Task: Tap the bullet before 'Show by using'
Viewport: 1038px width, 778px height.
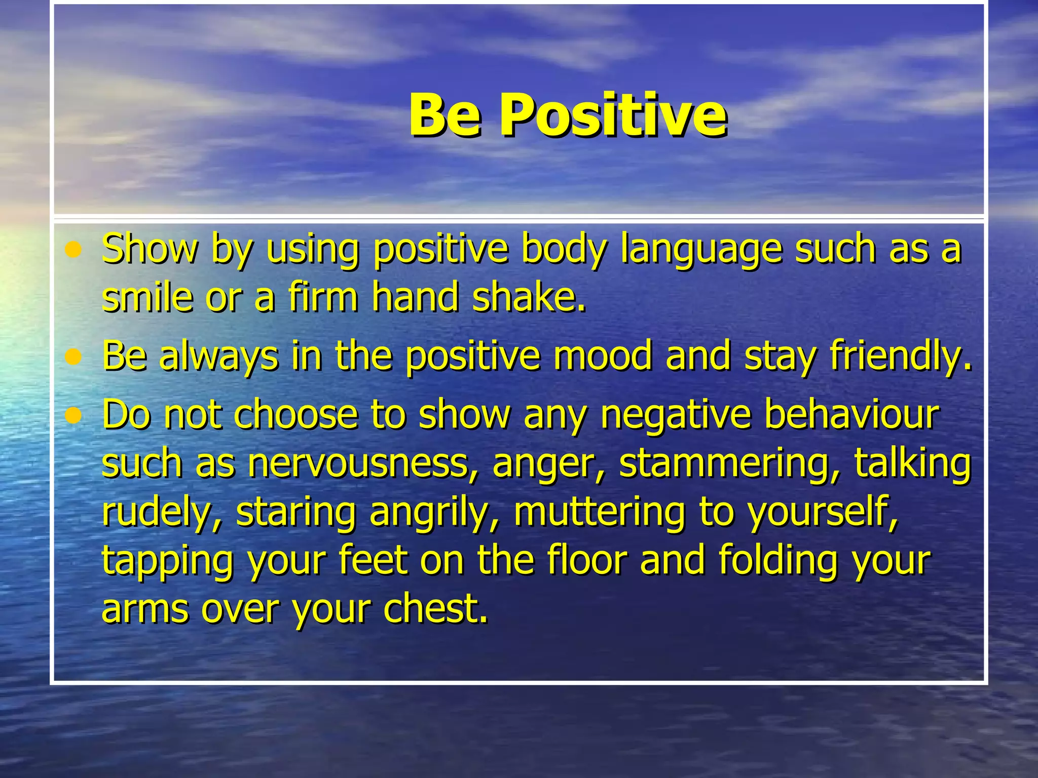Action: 74,250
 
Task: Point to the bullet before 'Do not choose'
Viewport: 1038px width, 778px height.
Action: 74,416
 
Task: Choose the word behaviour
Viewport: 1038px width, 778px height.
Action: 851,414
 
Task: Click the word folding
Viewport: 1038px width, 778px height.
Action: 777,561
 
